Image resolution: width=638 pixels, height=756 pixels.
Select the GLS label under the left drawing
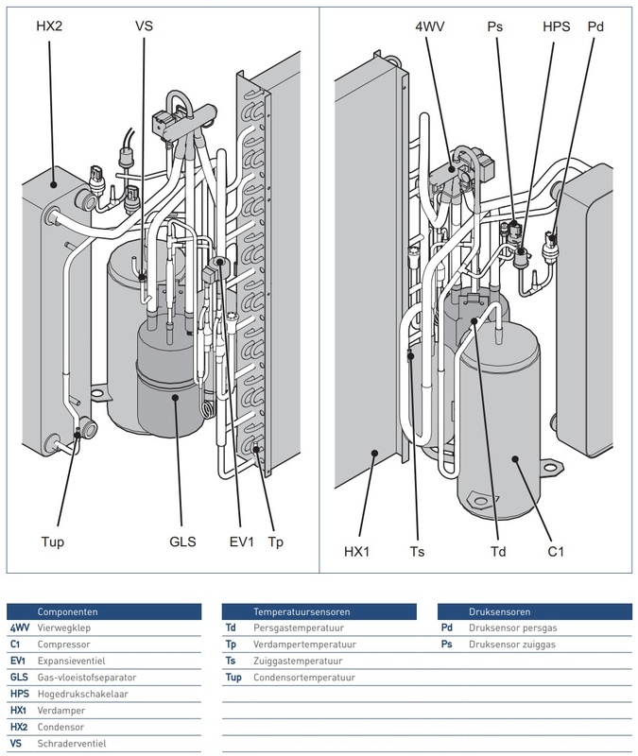point(181,542)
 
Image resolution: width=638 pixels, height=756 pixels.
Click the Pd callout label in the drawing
point(595,26)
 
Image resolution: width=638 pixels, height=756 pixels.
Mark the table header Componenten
point(67,611)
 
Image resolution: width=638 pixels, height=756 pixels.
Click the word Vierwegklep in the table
point(65,627)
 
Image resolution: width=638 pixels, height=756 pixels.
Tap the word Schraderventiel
point(72,744)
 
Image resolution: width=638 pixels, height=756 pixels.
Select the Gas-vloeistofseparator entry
point(87,678)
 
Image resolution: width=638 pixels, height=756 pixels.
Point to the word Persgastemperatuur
point(296,627)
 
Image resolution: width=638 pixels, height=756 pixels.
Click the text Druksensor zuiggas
point(512,644)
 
